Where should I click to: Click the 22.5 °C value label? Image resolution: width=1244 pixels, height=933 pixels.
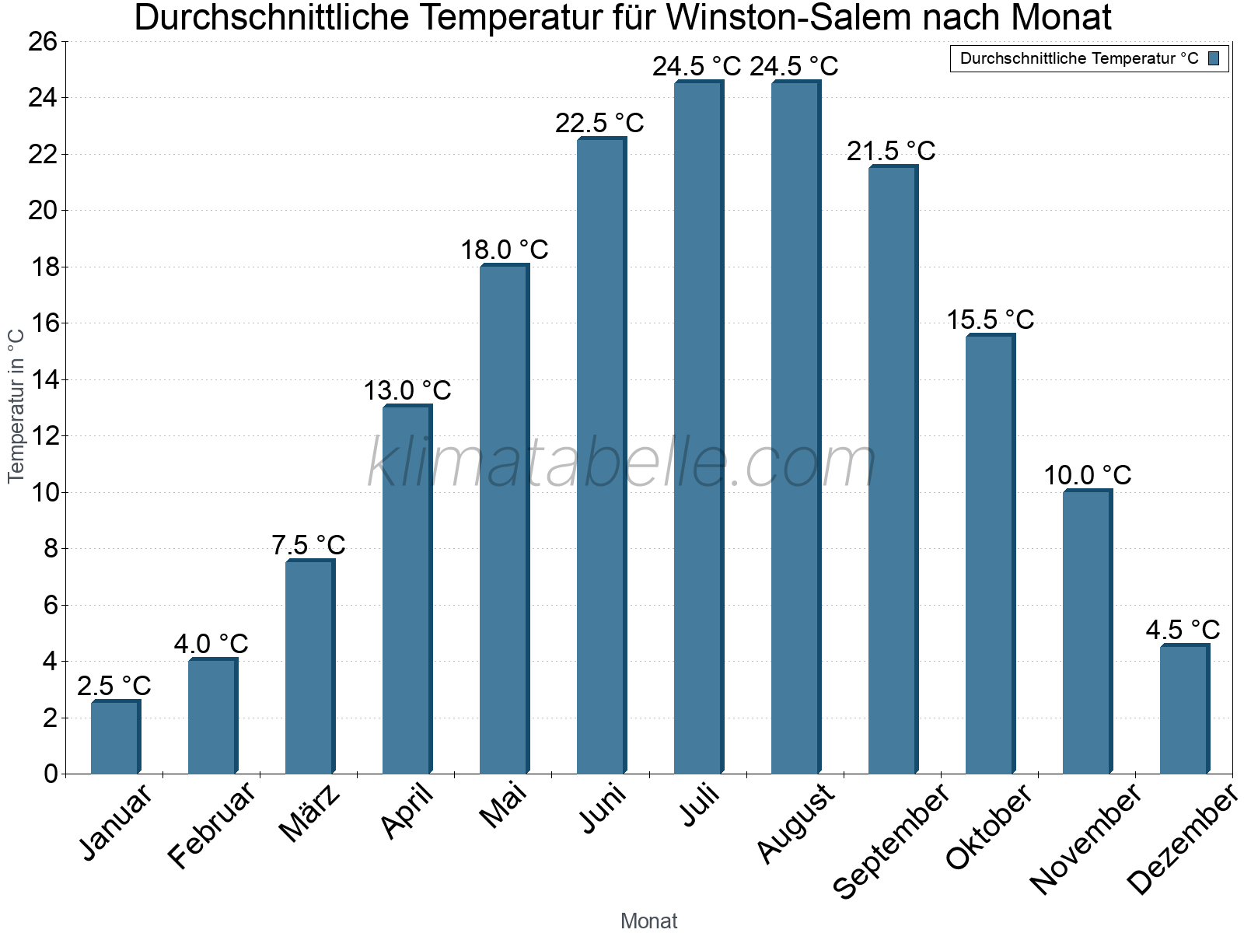[599, 123]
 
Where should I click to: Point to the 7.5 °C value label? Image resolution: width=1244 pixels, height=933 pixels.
[308, 545]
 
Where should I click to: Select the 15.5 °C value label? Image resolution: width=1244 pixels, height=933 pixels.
[990, 320]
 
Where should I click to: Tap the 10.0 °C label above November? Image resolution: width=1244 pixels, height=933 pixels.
[1087, 475]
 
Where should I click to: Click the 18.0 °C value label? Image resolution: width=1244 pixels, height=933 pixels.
[504, 250]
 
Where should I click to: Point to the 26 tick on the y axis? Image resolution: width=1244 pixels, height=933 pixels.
[44, 41]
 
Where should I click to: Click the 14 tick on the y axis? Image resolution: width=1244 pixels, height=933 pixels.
[44, 379]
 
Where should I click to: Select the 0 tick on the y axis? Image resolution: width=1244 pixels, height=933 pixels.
[51, 774]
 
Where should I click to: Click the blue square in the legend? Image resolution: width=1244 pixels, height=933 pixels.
[1214, 58]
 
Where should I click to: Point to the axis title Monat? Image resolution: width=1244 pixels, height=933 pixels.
[649, 921]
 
